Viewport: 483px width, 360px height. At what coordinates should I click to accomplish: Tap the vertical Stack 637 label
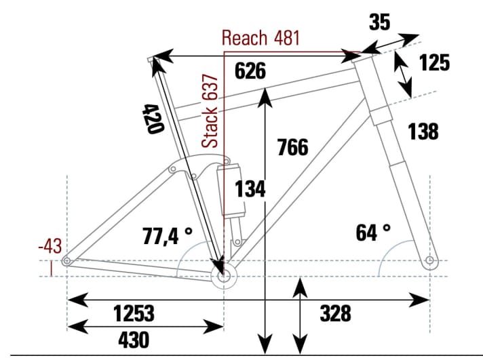(x=212, y=111)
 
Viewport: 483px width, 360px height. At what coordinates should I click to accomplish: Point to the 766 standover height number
(x=293, y=146)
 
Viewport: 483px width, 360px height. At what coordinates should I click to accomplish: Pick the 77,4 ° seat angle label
(x=168, y=236)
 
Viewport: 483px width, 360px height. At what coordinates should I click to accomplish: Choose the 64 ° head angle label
(x=373, y=233)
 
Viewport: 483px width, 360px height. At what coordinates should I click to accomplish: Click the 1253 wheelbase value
(x=134, y=314)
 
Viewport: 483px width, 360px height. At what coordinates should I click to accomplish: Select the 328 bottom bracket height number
(x=335, y=314)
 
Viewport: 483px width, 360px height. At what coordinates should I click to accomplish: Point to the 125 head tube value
(x=434, y=63)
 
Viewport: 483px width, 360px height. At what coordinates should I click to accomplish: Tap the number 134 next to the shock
(x=250, y=191)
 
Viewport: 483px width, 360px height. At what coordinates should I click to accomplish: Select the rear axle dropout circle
(x=66, y=261)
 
